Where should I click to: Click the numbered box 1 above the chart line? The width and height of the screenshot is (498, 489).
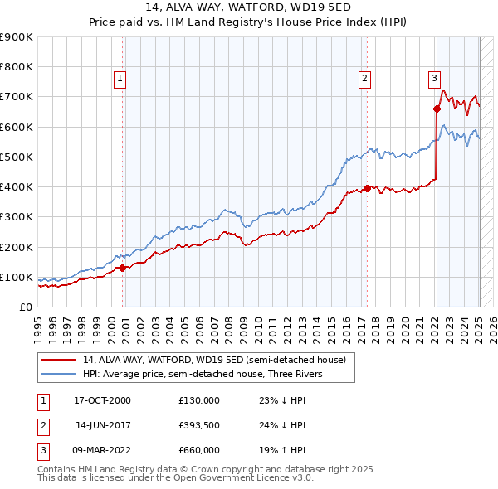coord(120,79)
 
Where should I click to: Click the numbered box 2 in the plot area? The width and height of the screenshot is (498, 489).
coord(364,79)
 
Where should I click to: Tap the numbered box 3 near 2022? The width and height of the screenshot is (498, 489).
coord(434,79)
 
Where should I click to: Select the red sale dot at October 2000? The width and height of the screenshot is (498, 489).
coord(122,268)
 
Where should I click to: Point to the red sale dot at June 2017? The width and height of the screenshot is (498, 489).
coord(367,188)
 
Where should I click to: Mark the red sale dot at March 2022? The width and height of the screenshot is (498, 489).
coord(437,108)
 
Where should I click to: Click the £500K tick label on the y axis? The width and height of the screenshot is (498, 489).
coord(17,157)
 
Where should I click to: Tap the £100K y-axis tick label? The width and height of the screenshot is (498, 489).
coord(17,277)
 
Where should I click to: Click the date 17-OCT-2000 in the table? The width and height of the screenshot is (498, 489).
coord(102,400)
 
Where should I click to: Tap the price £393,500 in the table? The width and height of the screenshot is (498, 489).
coord(199,425)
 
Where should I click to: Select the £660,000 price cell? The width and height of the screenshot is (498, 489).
coord(199,450)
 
